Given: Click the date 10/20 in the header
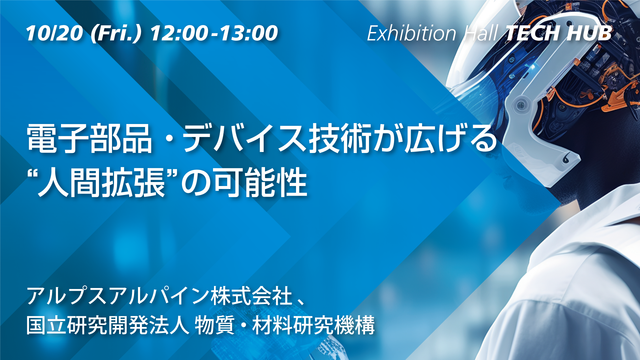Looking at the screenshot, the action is pos(54,33).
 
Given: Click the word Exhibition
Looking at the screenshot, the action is pos(412,33).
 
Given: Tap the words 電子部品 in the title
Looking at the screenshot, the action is pos(89,139).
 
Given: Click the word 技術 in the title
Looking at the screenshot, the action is pos(340,139).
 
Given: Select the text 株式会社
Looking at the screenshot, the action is pos(252,296).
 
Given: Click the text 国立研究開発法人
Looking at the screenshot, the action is pos(108,325).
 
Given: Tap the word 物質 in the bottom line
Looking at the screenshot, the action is pos(215,325).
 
